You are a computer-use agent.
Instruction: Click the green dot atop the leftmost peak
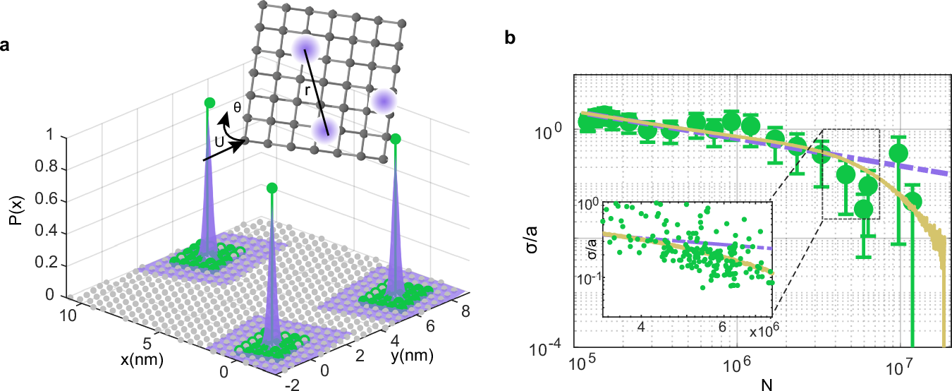pyautogui.click(x=208, y=103)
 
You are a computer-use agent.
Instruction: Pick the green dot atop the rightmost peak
pyautogui.click(x=396, y=138)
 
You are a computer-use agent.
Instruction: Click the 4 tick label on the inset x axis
pyautogui.click(x=642, y=328)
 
